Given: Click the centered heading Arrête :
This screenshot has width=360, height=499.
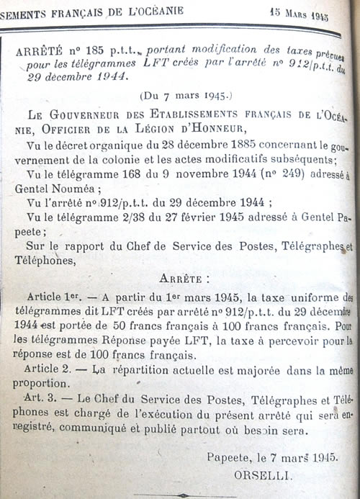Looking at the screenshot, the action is (x=184, y=277).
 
